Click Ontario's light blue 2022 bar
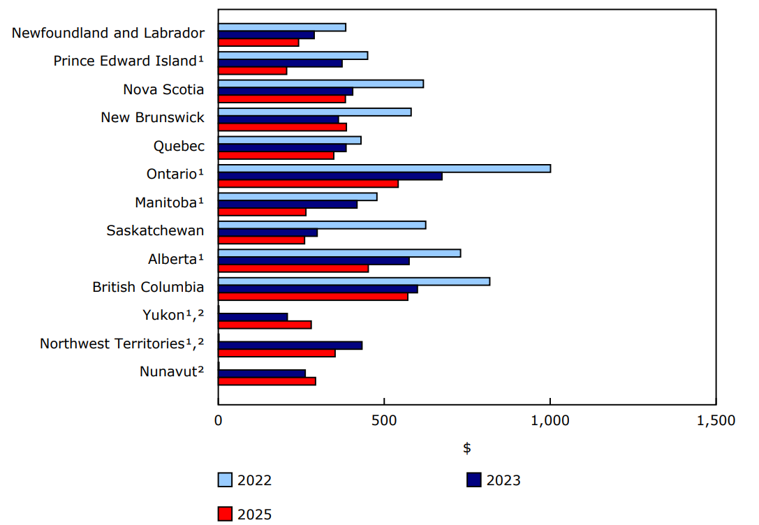pyautogui.click(x=384, y=168)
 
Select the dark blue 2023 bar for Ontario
pyautogui.click(x=330, y=176)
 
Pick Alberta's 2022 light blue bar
pyautogui.click(x=339, y=253)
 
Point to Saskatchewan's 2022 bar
pyautogui.click(x=322, y=225)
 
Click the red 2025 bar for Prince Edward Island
pyautogui.click(x=252, y=71)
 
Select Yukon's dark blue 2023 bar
pyautogui.click(x=253, y=317)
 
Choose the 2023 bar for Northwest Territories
pyautogui.click(x=290, y=345)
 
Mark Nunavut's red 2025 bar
pyautogui.click(x=267, y=381)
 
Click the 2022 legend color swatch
pyautogui.click(x=225, y=480)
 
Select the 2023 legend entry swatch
pyautogui.click(x=474, y=480)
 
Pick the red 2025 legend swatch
pyautogui.click(x=225, y=515)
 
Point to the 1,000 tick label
pyautogui.click(x=550, y=421)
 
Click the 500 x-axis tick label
pyautogui.click(x=384, y=421)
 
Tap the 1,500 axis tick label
pyautogui.click(x=716, y=421)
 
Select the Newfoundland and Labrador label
pyautogui.click(x=108, y=33)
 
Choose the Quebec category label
pyautogui.click(x=179, y=146)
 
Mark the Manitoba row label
pyautogui.click(x=169, y=202)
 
